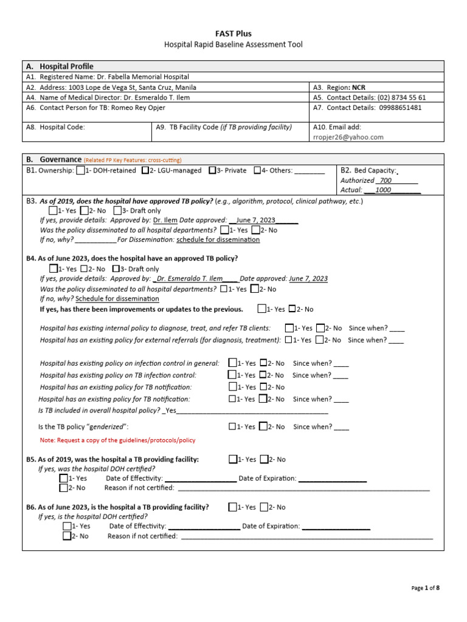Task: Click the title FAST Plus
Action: click(x=233, y=33)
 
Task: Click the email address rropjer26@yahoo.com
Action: click(x=348, y=137)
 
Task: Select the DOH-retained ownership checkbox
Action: click(x=80, y=171)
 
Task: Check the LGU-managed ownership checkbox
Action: click(x=145, y=171)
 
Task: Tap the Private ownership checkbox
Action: click(x=212, y=171)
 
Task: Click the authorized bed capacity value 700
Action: click(x=386, y=180)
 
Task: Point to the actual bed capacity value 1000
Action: click(x=383, y=190)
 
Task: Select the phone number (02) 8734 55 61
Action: click(x=395, y=97)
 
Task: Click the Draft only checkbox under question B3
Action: click(x=117, y=210)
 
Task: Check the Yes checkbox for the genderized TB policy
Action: click(x=232, y=426)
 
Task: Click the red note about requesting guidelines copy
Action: click(x=117, y=440)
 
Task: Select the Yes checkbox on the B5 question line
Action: click(x=233, y=460)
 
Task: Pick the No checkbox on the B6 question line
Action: click(x=264, y=507)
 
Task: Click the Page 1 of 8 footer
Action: click(x=425, y=588)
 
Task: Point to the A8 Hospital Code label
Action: click(x=55, y=128)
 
